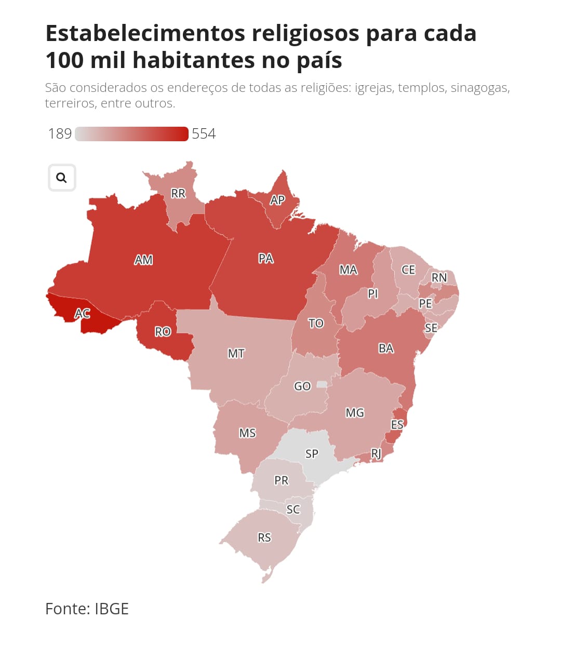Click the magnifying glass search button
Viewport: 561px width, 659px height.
pos(62,178)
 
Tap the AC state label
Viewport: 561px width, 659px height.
pos(83,313)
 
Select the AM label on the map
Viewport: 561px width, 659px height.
pos(143,260)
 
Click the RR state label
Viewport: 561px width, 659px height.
pos(178,194)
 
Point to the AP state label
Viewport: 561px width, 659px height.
pos(277,200)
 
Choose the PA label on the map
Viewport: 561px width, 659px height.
pos(265,258)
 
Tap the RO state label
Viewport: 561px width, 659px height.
pos(163,331)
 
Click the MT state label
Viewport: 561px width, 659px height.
pos(236,354)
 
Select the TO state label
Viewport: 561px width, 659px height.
pos(316,324)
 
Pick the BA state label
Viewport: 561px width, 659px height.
pos(386,348)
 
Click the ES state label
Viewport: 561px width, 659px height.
pos(397,425)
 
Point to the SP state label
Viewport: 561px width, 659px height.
pos(312,454)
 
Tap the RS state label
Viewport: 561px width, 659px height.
pos(264,537)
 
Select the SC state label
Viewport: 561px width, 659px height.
pos(293,509)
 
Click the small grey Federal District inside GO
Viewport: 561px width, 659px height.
pos(322,384)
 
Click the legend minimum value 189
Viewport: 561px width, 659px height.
pos(60,134)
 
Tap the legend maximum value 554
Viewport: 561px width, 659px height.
pos(204,134)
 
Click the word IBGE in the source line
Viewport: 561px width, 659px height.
pos(112,609)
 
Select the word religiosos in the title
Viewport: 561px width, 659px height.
pos(305,33)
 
